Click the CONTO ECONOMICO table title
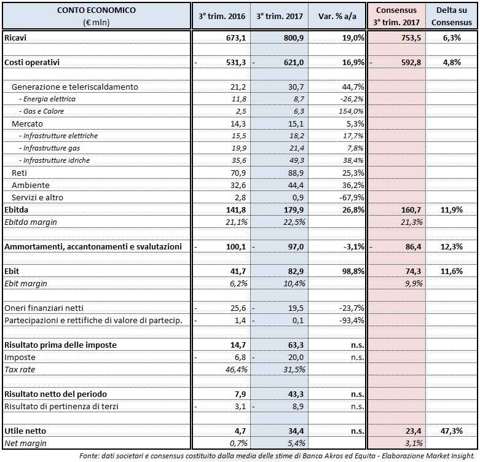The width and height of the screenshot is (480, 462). tap(96, 10)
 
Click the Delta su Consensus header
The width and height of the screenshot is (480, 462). tap(453, 17)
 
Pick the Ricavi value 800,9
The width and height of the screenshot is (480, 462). tap(293, 38)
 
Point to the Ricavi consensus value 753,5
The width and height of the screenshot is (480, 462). tap(406, 38)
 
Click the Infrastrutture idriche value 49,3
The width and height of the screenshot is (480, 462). tap(296, 160)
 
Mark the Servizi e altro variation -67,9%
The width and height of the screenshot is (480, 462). tap(350, 197)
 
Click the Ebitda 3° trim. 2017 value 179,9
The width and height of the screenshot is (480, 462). tap(293, 209)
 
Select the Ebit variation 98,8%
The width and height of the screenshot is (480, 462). tap(350, 271)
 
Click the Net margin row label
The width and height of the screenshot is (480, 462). tap(25, 443)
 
